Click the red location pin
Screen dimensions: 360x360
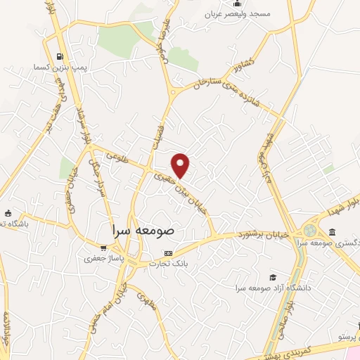[x=181, y=165]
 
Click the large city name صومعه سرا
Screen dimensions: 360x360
[x=147, y=230]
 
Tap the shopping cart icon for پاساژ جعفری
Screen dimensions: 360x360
[x=103, y=247]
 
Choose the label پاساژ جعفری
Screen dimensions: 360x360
[x=103, y=258]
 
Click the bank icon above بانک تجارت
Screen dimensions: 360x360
[x=167, y=252]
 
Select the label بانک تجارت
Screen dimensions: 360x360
[x=169, y=264]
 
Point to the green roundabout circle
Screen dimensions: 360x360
[x=310, y=230]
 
